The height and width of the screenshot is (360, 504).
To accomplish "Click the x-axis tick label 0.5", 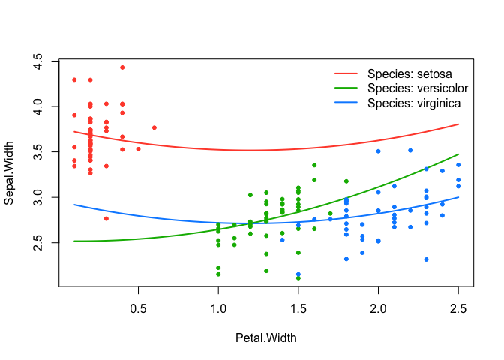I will point(138,308).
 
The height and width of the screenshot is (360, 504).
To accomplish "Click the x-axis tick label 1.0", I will point(218,308).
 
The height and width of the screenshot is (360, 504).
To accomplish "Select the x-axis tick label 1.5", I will point(298,308).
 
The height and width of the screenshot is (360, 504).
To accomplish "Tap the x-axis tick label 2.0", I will point(379,308).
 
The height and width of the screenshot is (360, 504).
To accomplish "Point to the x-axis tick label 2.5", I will point(458,308).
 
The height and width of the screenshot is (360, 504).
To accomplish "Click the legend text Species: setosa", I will point(409,73).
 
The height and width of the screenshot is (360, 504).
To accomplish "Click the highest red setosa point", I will point(122,67).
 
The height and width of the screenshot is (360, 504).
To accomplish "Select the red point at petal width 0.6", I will point(154,127).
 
